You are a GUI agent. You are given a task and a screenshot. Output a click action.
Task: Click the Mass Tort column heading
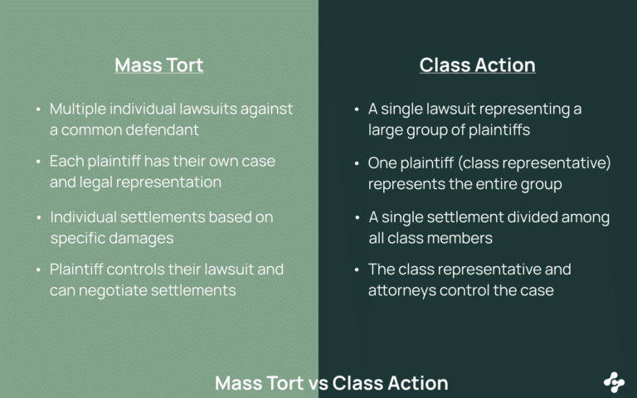158,65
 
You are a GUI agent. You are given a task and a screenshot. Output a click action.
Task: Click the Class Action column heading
477,65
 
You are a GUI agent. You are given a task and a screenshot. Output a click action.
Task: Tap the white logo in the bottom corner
614,381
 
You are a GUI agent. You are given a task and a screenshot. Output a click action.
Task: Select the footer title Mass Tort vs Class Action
331,383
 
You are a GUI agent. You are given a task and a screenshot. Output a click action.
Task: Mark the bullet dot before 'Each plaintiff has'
38,161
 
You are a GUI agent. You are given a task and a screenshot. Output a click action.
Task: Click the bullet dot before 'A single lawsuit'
357,109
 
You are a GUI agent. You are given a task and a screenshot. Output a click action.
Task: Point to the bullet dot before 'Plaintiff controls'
38,269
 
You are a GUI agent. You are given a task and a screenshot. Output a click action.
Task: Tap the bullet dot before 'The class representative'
357,269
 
